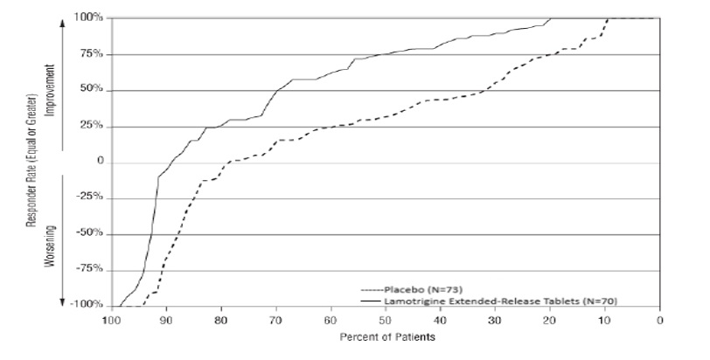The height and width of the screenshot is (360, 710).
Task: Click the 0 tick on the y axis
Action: point(100,163)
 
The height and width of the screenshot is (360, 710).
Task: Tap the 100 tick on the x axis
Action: point(111,320)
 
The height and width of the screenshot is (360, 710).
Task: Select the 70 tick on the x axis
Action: point(276,320)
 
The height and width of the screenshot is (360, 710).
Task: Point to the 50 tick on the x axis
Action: point(386,320)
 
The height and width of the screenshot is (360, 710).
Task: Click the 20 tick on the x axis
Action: point(550,320)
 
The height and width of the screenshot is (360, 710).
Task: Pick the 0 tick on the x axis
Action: point(660,320)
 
